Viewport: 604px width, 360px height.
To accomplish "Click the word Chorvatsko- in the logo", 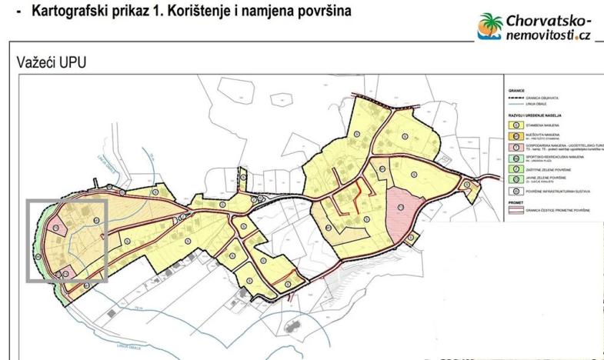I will [549, 19].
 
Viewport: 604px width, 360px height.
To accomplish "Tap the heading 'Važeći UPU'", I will [52, 62].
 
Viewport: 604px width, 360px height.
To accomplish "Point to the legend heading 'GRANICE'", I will [516, 91].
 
